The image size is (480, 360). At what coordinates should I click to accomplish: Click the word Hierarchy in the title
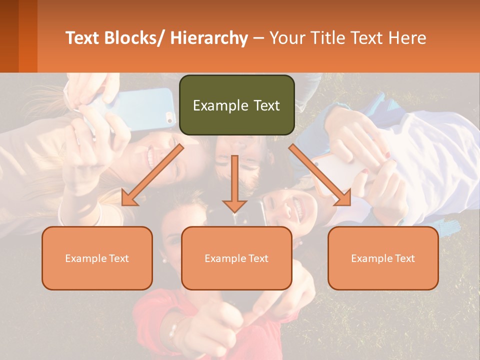tap(209, 38)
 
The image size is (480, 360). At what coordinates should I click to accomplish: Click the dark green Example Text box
tap(236, 105)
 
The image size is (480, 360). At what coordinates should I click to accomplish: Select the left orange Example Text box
tap(97, 258)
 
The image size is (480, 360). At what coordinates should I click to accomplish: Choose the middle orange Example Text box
tap(236, 258)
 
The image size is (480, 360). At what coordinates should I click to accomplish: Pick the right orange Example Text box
tap(383, 258)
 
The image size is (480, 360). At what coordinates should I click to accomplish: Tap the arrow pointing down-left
tap(152, 174)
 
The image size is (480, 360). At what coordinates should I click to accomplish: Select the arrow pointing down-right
tap(320, 174)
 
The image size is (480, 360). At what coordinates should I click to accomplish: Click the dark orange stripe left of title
tap(28, 36)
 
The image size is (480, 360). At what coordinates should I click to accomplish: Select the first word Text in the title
tap(83, 38)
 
